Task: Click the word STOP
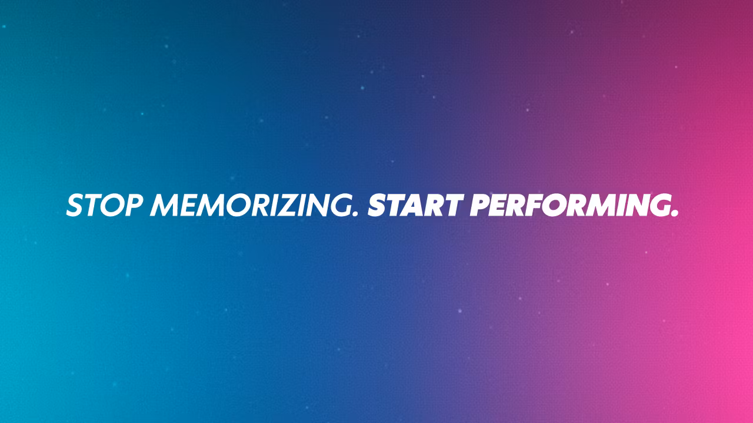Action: [104, 205]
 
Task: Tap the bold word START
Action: [415, 205]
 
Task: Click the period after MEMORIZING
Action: [355, 213]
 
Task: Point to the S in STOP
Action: [75, 205]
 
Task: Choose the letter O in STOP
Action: [112, 205]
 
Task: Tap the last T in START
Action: [452, 205]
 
